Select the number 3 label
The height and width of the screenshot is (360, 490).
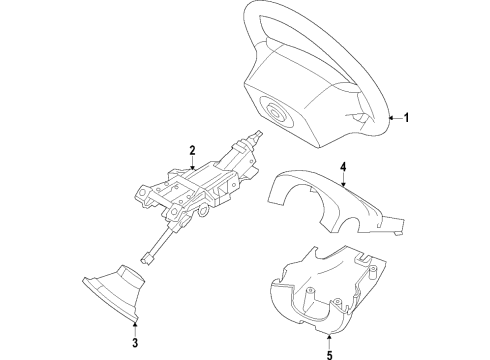(135, 345)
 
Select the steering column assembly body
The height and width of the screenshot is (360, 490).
(195, 190)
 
